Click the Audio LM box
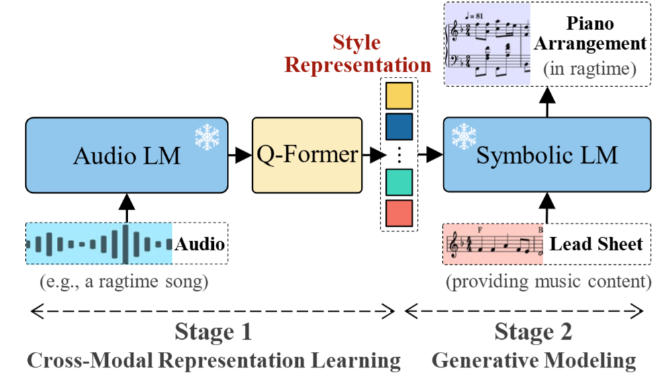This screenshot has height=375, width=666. click(x=126, y=155)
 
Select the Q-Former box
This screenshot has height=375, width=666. click(x=307, y=155)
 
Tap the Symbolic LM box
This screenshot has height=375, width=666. click(x=546, y=155)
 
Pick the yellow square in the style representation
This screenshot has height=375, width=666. click(x=399, y=96)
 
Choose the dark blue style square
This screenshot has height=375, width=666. click(x=399, y=126)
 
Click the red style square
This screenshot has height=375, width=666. click(x=399, y=213)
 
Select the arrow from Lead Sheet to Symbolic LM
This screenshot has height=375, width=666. click(x=546, y=208)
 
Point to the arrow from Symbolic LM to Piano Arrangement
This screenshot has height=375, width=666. click(x=546, y=103)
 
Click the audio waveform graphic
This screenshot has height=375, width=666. click(x=99, y=244)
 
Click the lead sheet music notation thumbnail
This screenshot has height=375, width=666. click(x=494, y=244)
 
